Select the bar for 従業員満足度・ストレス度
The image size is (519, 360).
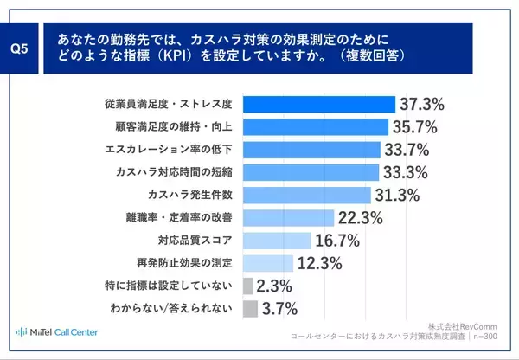point(319,105)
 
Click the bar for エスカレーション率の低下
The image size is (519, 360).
point(311,150)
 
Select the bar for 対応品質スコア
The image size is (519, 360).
point(277,241)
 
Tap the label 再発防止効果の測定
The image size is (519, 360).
point(188,263)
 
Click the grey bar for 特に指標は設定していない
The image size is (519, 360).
point(247,286)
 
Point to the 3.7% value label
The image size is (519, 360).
point(281,309)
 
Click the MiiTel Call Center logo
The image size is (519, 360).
point(57,332)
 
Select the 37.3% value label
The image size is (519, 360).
point(423,105)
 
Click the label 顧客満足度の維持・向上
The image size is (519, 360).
point(176,127)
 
